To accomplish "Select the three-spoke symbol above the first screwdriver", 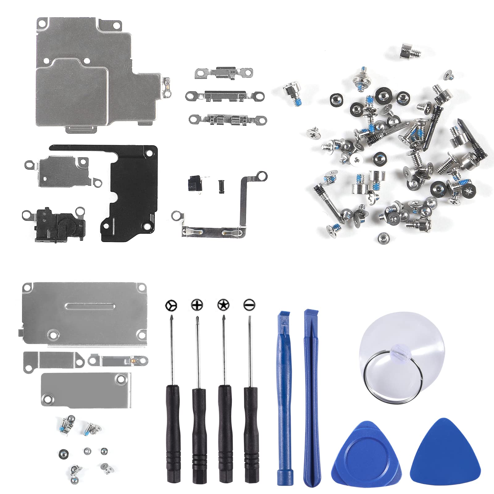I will tap(171, 306).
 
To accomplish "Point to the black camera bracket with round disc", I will tap(57, 222).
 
